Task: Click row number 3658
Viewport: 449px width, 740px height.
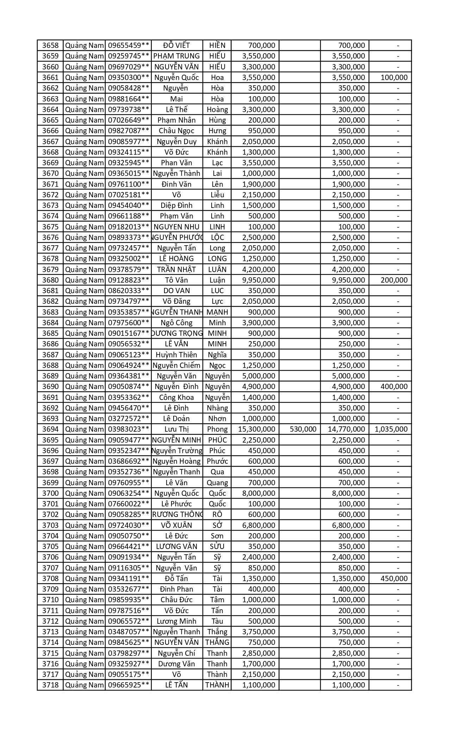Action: [x=50, y=45]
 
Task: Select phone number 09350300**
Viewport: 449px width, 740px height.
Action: [x=129, y=78]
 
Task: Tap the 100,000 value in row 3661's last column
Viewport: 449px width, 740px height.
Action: [x=394, y=78]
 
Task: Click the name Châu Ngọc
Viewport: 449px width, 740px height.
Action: [x=176, y=131]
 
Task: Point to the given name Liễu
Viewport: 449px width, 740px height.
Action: [x=217, y=195]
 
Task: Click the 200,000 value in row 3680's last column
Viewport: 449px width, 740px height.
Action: [x=394, y=280]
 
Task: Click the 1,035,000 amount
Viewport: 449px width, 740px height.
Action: [x=391, y=429]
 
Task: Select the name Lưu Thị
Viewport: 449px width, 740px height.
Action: [x=176, y=429]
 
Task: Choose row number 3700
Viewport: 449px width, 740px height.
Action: [x=50, y=493]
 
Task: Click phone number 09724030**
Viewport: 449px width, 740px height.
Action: [x=129, y=525]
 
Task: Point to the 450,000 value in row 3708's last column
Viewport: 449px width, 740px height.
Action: [x=394, y=579]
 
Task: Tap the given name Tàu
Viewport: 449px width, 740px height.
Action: [x=217, y=621]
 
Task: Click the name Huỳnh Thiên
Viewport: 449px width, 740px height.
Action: [x=176, y=355]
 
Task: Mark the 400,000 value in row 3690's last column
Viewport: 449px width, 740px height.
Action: [x=394, y=387]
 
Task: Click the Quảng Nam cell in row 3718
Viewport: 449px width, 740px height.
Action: [x=84, y=685]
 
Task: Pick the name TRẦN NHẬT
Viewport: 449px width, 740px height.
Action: [x=176, y=270]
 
